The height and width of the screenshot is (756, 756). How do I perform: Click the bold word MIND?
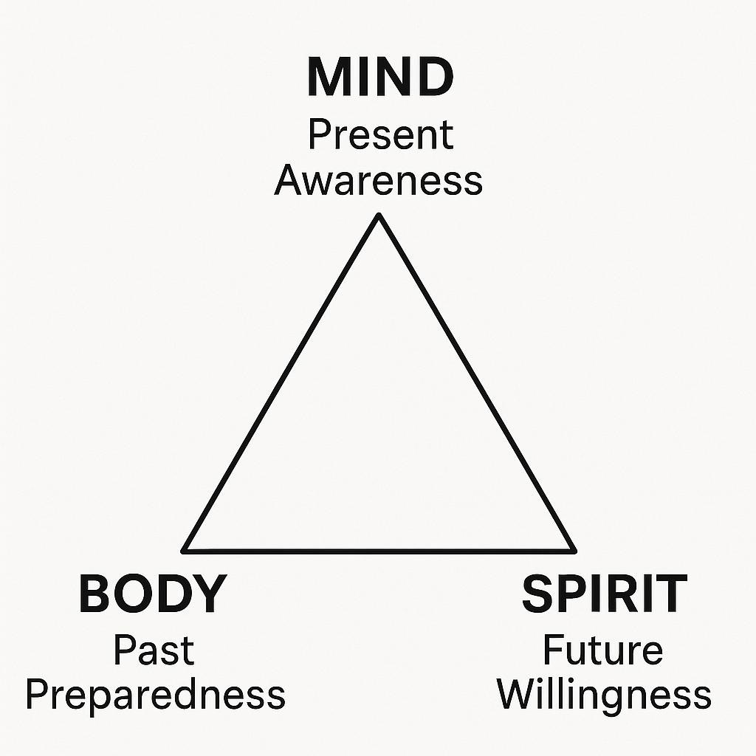[379, 78]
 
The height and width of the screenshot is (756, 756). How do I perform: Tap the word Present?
[380, 137]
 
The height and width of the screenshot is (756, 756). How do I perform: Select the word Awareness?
[378, 180]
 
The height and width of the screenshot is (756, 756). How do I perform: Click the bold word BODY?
[151, 594]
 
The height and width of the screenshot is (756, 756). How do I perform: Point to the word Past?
[154, 651]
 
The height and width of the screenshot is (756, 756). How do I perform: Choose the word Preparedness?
[155, 695]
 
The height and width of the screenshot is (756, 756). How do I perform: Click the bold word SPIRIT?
[604, 594]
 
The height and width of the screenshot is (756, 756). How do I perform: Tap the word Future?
[602, 651]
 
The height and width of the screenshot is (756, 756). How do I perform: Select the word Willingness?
[604, 695]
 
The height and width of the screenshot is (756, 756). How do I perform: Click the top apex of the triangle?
[379, 216]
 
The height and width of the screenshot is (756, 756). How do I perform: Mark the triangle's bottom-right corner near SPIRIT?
[574, 550]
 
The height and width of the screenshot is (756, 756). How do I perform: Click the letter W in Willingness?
[515, 694]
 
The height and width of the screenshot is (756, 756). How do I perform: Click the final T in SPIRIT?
[670, 594]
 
